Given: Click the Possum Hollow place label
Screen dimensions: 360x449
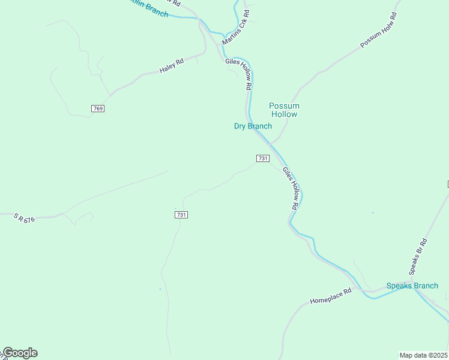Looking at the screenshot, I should coord(284,110).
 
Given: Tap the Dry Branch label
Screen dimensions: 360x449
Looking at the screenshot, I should coord(253,126).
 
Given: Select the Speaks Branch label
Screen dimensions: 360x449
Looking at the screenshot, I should coord(412,286).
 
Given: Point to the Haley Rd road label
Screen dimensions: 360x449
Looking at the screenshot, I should coord(171,66).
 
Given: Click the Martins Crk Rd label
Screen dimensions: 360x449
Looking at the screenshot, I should coord(236,27).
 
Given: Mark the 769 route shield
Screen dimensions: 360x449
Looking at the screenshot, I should coord(98,109).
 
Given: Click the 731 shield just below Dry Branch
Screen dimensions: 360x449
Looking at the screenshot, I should coord(262,158).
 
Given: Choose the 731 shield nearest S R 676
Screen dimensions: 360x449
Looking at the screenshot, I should coord(181,215).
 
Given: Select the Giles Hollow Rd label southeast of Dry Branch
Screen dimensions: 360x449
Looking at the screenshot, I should coord(290,188).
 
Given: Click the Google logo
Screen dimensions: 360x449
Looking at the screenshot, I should coord(19,353).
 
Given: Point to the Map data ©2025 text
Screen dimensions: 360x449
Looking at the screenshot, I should coord(423,355).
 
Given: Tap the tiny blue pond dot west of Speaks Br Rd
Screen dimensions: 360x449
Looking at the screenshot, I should coord(373,212).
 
